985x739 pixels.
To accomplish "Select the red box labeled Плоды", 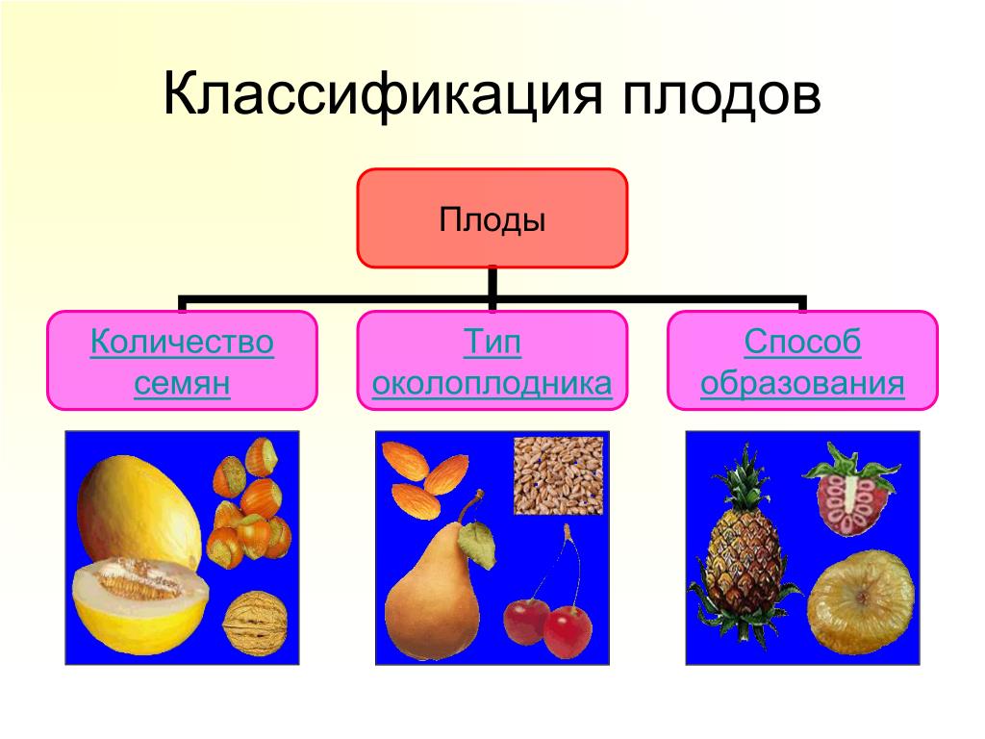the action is [492, 218].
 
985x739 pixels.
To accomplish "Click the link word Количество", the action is [182, 343].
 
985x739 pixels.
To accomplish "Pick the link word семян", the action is [182, 383].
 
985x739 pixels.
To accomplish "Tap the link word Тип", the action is [492, 343].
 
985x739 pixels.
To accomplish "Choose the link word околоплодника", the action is [492, 383].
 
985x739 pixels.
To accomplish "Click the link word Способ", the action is [802, 343].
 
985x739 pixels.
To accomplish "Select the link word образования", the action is [802, 383].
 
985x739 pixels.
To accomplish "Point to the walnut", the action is [256, 623].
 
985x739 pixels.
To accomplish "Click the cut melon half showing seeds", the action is [140, 607].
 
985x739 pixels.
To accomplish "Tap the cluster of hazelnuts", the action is [249, 502].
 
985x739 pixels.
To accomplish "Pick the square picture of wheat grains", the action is [559, 475].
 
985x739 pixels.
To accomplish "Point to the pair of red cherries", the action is [547, 623].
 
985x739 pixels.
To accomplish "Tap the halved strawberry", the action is [852, 490].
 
